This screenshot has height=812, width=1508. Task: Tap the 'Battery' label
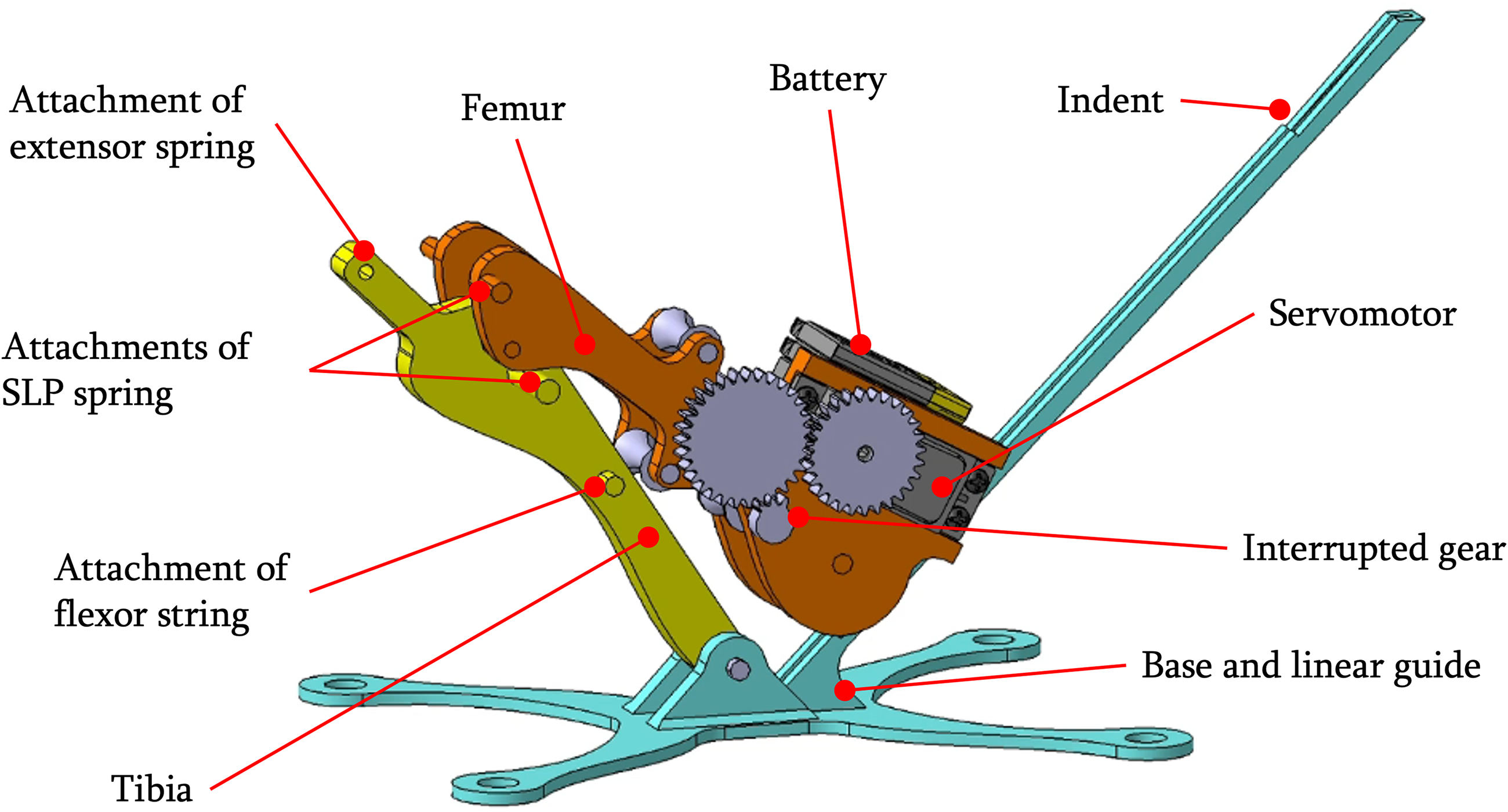[x=827, y=79]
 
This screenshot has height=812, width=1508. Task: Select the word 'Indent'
[x=1110, y=100]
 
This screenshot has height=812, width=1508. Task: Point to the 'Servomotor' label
[x=1362, y=314]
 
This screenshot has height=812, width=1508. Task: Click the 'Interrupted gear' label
[x=1373, y=549]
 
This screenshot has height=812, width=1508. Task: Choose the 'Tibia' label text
[x=151, y=789]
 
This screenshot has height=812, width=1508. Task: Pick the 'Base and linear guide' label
[x=1311, y=667]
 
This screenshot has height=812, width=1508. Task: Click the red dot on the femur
[x=584, y=344]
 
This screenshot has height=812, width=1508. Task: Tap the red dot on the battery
[x=860, y=345]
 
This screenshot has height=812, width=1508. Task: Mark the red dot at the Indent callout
[x=1279, y=109]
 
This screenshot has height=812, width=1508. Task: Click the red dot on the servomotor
[x=942, y=487]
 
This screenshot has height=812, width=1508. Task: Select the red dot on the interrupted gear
[x=799, y=516]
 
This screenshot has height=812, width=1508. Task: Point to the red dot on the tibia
[x=648, y=537]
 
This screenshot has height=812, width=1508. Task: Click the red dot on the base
[x=844, y=690]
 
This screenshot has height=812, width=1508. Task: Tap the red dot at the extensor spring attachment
[x=364, y=251]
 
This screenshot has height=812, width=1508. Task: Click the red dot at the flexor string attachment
[x=594, y=487]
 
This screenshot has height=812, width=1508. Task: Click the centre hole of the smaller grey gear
[x=865, y=453]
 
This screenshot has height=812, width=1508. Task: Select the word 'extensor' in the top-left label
[x=78, y=147]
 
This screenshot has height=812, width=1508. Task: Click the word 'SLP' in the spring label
[x=32, y=393]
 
